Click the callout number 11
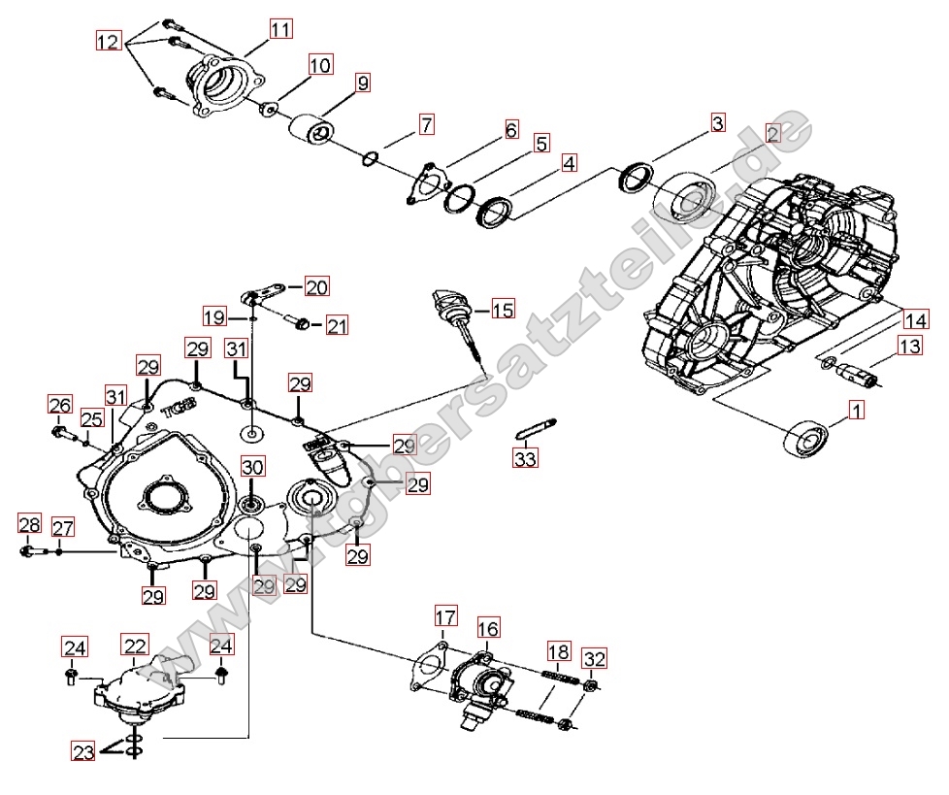pyautogui.click(x=279, y=30)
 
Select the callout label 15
pyautogui.click(x=503, y=310)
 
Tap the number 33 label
pyautogui.click(x=525, y=458)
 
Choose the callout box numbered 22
pyautogui.click(x=135, y=645)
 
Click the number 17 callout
pyautogui.click(x=444, y=616)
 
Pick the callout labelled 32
pyautogui.click(x=595, y=659)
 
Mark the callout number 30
pyautogui.click(x=252, y=466)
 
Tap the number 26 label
pyautogui.click(x=60, y=404)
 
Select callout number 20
pyautogui.click(x=316, y=286)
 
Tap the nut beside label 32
pyautogui.click(x=589, y=687)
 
